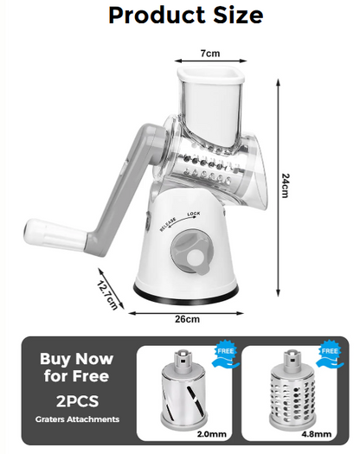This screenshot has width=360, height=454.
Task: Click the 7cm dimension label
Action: click(210, 54)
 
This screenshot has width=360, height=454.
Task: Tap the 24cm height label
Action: click(286, 185)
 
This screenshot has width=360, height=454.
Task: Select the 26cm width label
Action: click(187, 319)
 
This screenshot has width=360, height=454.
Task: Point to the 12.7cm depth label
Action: click(107, 295)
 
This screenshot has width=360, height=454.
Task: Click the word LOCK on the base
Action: click(194, 214)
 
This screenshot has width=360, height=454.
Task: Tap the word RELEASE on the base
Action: click(168, 224)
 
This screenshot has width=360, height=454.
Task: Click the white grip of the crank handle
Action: click(55, 234)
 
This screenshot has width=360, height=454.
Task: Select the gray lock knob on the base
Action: click(192, 253)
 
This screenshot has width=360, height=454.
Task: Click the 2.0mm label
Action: click(212, 434)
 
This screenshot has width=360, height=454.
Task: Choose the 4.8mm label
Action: click(317, 434)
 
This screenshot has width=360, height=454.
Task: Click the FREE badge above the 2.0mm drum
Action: click(225, 355)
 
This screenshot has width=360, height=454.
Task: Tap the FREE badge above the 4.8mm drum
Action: click(330, 355)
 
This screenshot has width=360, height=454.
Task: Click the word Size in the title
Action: click(238, 15)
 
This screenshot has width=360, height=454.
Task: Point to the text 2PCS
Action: click(77, 401)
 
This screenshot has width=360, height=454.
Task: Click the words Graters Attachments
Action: click(77, 419)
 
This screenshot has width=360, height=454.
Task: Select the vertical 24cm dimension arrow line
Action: click(278, 188)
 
